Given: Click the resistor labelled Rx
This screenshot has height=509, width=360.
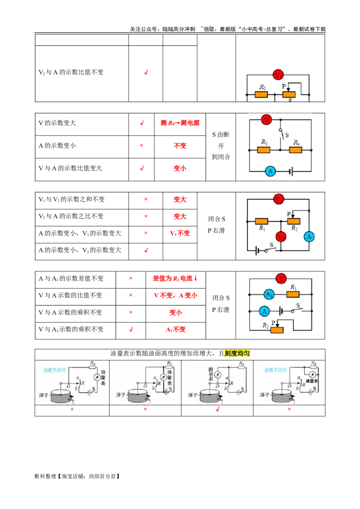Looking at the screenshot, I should (x=296, y=150).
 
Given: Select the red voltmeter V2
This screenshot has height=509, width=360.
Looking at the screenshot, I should (x=281, y=237).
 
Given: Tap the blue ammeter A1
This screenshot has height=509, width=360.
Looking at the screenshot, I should (x=269, y=295).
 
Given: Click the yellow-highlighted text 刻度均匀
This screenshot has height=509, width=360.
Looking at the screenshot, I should (x=237, y=354).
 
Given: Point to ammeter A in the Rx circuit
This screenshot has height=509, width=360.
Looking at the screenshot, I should (x=270, y=171).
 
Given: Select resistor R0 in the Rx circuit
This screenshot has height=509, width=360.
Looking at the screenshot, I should (x=264, y=150).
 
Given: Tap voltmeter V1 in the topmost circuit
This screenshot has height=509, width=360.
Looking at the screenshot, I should (x=279, y=75).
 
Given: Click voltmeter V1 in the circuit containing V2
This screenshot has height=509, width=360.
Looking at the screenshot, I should (x=279, y=199).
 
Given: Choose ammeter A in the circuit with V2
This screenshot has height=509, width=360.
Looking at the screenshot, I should (x=309, y=237).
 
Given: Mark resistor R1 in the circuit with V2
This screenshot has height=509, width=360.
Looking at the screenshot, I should (x=261, y=221).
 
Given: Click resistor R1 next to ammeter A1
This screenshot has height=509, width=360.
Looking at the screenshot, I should (x=293, y=295).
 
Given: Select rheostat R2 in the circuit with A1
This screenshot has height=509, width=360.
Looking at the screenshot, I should (x=277, y=330).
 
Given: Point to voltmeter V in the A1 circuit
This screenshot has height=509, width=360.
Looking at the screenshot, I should (x=281, y=279).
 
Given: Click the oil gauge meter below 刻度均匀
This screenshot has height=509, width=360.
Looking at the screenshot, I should (x=218, y=375).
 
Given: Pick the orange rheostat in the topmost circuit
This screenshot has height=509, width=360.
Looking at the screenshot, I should (x=289, y=94).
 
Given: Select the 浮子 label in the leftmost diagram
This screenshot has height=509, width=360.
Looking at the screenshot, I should (x=44, y=395).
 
